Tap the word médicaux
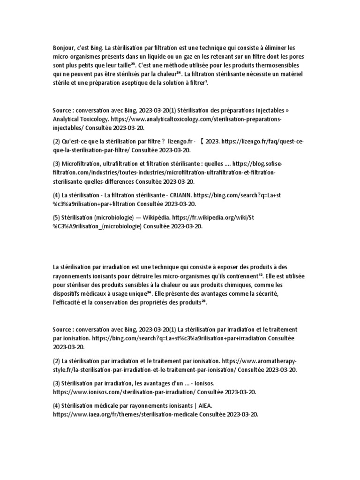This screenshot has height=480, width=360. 94,293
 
